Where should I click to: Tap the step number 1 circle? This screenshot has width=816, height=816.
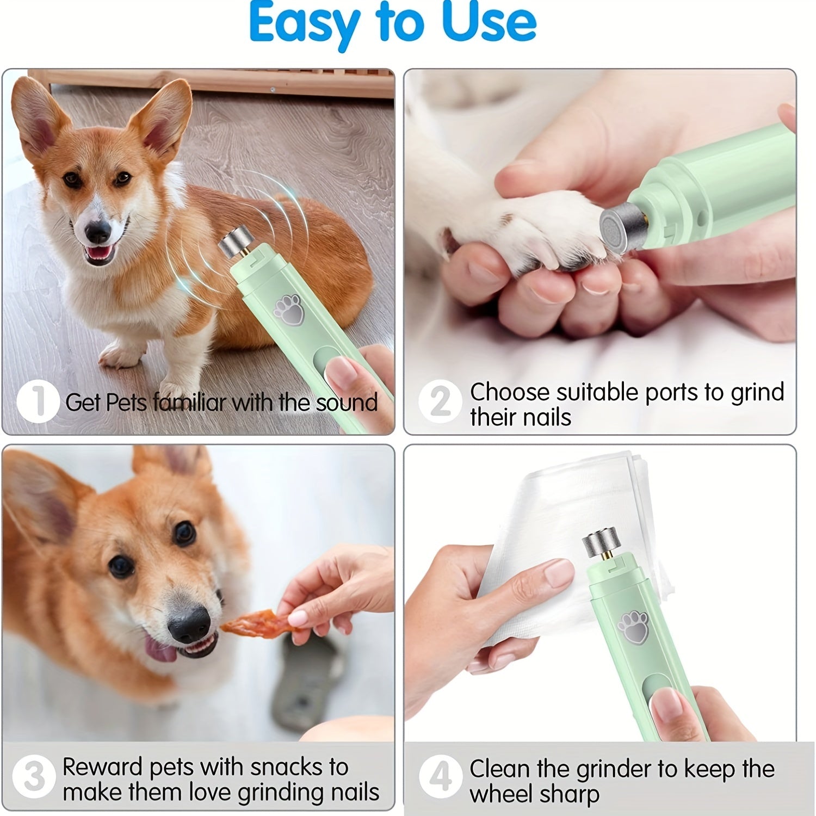[38, 402]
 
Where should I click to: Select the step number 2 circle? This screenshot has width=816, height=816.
[440, 402]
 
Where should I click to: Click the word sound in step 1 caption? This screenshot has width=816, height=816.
[347, 403]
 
